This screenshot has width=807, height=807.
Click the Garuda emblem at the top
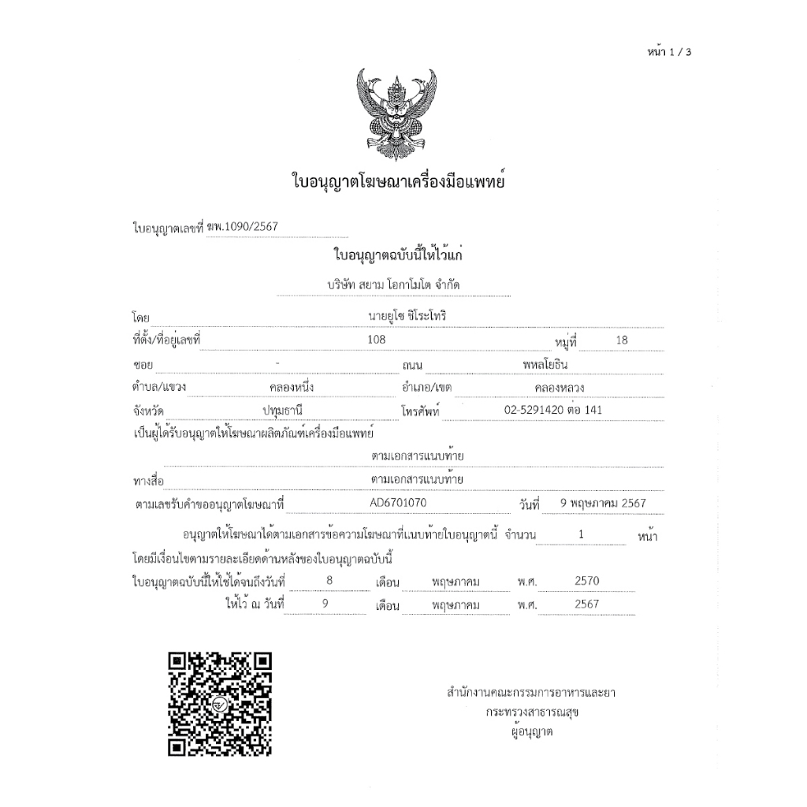396,113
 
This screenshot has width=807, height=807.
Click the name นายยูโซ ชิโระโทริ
402,316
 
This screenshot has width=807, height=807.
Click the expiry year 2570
588,581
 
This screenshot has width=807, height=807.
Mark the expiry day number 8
317,581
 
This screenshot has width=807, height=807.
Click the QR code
221,704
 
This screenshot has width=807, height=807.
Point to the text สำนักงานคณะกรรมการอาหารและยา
530,693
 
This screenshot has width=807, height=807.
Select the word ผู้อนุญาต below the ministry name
532,732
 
